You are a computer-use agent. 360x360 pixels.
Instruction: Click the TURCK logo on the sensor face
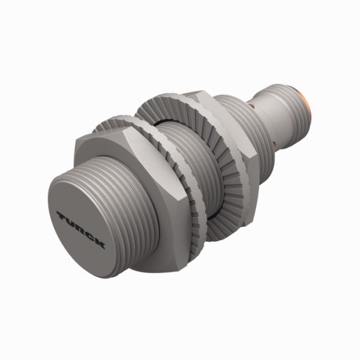point(81,229)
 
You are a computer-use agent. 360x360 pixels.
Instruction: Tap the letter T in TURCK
point(61,215)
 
